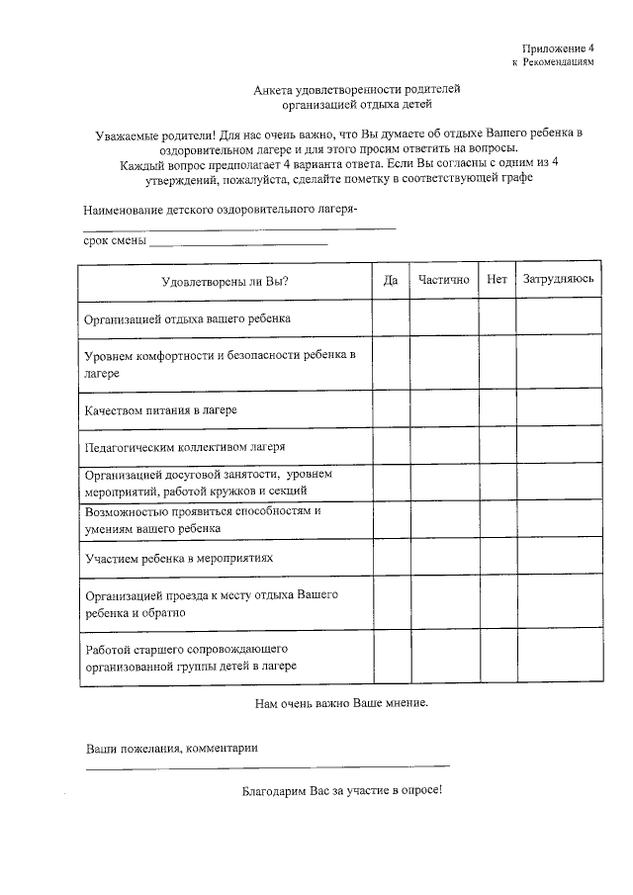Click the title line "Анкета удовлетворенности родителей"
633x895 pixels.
pyautogui.click(x=357, y=89)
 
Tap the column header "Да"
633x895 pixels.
pyautogui.click(x=391, y=281)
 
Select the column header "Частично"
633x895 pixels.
pyautogui.click(x=443, y=281)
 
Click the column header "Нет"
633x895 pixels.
pyautogui.click(x=497, y=281)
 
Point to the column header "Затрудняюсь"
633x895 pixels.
pyautogui.click(x=559, y=281)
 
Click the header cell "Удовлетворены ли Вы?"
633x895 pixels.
pyautogui.click(x=226, y=282)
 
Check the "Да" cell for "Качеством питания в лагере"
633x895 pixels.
pyautogui.click(x=391, y=409)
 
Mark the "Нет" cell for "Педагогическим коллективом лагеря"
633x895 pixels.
pyautogui.click(x=497, y=446)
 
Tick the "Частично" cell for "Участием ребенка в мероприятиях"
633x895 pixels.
pyautogui.click(x=443, y=559)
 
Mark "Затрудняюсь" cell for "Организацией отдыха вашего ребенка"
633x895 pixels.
pyautogui.click(x=559, y=319)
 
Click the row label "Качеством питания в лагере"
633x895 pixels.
pyautogui.click(x=160, y=409)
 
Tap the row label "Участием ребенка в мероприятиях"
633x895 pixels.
pyautogui.click(x=179, y=559)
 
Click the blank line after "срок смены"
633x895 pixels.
pyautogui.click(x=238, y=242)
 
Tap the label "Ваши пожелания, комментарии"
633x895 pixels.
pyautogui.click(x=172, y=749)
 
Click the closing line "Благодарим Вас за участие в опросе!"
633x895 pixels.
pyautogui.click(x=342, y=791)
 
